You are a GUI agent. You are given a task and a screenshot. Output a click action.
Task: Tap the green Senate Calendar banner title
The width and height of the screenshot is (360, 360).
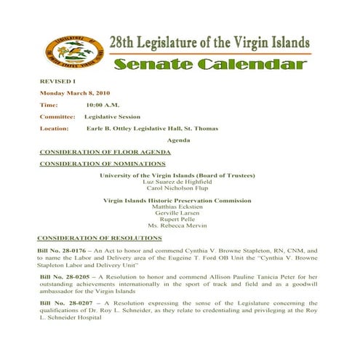click(x=209, y=65)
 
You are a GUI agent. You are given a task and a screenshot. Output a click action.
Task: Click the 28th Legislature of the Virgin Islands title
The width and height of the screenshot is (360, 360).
click(x=209, y=44)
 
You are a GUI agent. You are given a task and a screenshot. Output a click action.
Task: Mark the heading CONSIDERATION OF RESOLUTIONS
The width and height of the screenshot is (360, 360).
click(x=100, y=238)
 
